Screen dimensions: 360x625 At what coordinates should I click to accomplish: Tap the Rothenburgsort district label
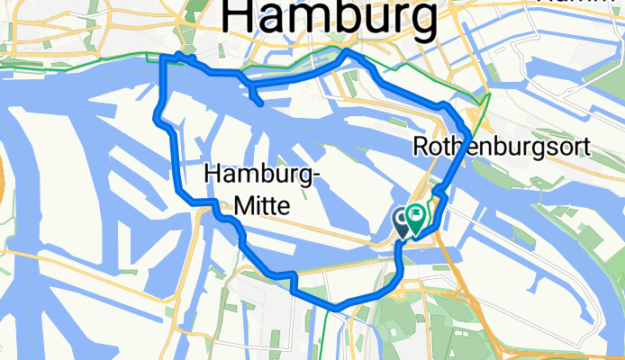(x=503, y=146)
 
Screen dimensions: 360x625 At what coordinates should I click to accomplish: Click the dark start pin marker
(x=403, y=219)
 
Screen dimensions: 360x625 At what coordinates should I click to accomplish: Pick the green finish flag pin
(x=416, y=216)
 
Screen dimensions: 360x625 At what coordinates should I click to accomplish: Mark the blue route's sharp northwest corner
(x=163, y=59)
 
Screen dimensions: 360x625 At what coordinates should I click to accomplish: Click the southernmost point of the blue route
(x=336, y=308)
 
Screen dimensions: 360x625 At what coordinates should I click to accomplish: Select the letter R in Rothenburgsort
(x=421, y=146)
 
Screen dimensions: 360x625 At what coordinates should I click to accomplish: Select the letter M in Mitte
(x=241, y=206)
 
